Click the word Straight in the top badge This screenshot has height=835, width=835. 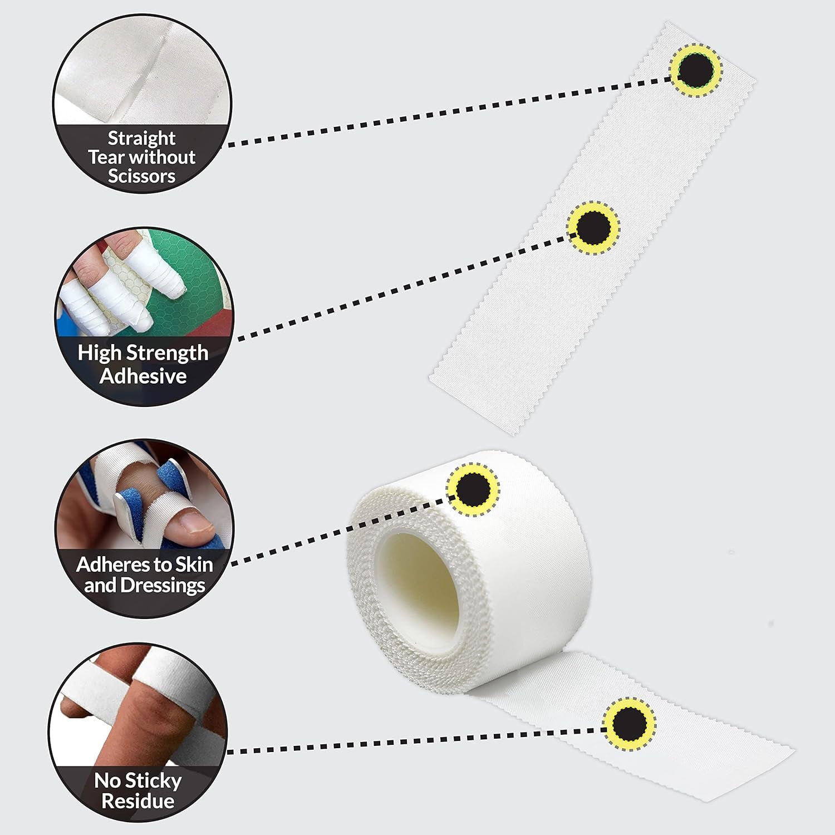click(x=141, y=138)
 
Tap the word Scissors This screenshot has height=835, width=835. click(x=141, y=176)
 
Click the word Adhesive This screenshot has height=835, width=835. click(x=143, y=376)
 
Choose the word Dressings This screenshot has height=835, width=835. click(x=163, y=586)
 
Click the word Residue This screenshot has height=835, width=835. click(x=138, y=802)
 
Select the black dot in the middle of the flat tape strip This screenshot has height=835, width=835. click(x=593, y=227)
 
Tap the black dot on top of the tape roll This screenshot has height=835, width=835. click(x=473, y=489)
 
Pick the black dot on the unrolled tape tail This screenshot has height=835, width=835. click(x=630, y=723)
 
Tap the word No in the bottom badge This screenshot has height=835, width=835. click(x=106, y=780)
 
